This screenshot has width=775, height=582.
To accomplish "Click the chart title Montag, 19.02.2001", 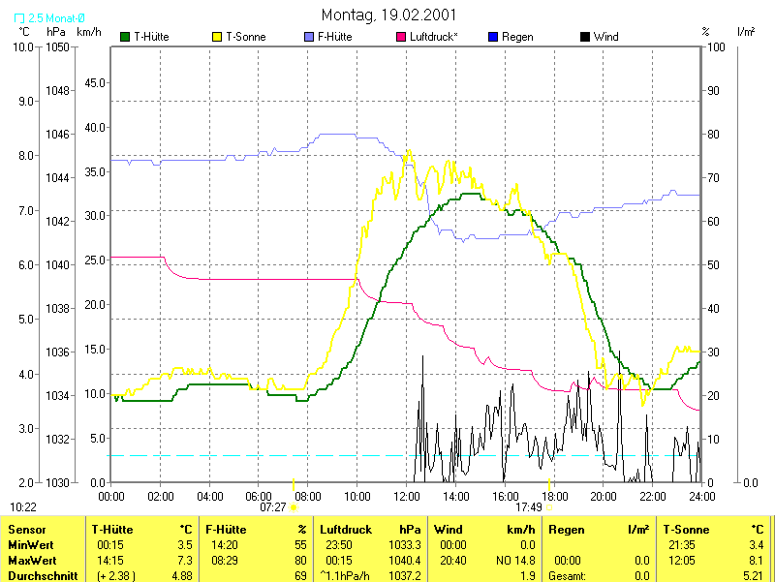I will (x=388, y=15).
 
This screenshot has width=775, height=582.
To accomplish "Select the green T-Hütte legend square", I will (x=125, y=37).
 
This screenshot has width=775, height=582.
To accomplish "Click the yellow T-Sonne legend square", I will (x=216, y=37).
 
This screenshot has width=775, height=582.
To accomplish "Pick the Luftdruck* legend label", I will (x=434, y=37).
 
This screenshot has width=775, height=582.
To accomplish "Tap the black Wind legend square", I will (x=584, y=37).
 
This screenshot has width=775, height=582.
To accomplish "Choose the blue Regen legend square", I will (x=492, y=37).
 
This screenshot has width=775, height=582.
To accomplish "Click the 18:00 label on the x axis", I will (x=554, y=497).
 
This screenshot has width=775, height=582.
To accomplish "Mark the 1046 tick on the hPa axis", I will (x=58, y=134).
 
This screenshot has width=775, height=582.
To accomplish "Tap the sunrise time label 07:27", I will (x=273, y=506).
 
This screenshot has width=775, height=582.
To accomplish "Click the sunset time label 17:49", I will (x=529, y=506).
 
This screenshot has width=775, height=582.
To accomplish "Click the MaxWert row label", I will (x=30, y=561).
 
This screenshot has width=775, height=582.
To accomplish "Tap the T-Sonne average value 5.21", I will (x=751, y=575).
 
